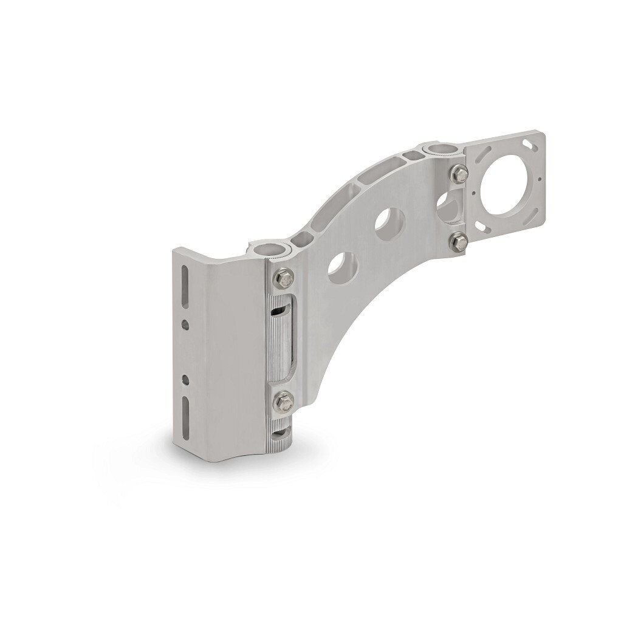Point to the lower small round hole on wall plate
click(186, 381)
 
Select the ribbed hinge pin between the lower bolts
click(281, 340)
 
